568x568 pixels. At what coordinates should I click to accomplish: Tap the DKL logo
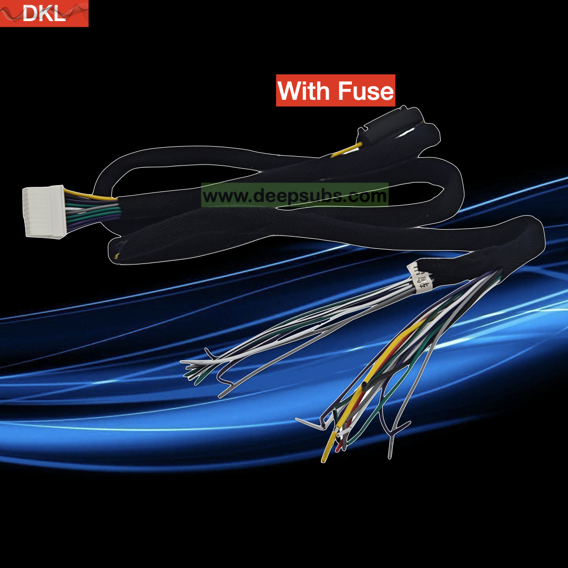click(44, 13)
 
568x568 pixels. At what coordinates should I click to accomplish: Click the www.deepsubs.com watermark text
click(295, 196)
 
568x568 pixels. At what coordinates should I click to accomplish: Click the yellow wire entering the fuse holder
click(347, 149)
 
